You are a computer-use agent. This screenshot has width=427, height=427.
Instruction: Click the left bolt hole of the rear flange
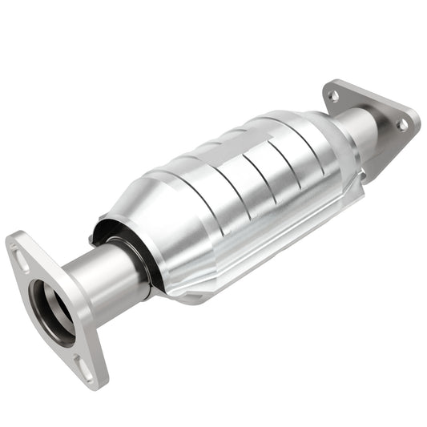(x=334, y=95)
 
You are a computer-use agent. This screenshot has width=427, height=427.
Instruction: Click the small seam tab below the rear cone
(x=362, y=174)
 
